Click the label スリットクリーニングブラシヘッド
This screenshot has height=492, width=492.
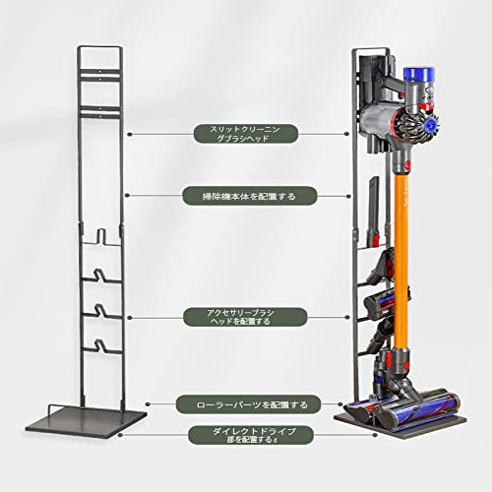(x=246, y=134)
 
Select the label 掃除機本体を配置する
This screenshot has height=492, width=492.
(x=250, y=196)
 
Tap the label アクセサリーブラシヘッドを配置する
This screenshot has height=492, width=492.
(x=245, y=317)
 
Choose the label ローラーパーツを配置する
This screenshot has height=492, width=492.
(x=248, y=404)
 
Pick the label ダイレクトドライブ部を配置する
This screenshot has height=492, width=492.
(x=251, y=435)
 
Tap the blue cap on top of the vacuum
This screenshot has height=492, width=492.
(x=419, y=74)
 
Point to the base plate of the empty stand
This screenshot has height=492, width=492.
(x=86, y=420)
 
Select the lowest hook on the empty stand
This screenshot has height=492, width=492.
(x=101, y=347)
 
